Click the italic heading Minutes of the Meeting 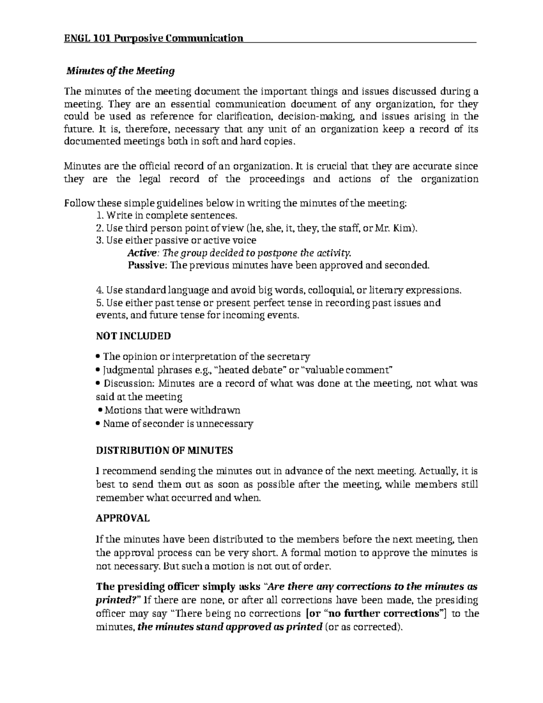[x=120, y=71]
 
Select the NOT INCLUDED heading [x=133, y=336]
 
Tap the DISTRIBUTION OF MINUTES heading [x=165, y=450]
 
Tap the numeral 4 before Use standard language [x=100, y=290]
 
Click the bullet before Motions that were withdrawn [x=100, y=411]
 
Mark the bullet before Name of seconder [x=99, y=424]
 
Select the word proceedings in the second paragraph [x=277, y=179]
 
